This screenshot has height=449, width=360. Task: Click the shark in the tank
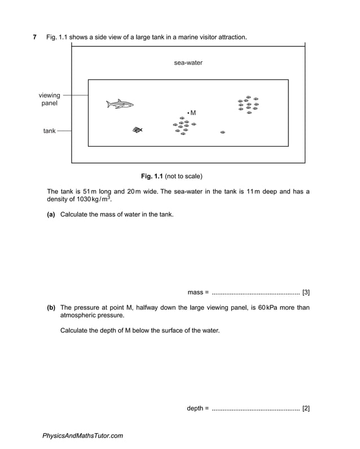(x=120, y=104)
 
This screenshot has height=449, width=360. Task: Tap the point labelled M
(x=188, y=113)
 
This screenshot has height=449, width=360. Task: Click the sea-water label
(x=188, y=63)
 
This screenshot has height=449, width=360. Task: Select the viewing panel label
(x=49, y=99)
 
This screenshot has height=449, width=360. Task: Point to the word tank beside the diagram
(x=50, y=131)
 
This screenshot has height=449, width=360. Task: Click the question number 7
(x=35, y=37)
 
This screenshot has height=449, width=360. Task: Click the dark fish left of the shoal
(x=137, y=130)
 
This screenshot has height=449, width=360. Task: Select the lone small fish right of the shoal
(x=223, y=132)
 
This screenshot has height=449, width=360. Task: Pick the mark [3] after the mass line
(x=306, y=292)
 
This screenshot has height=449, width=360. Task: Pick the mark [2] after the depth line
(x=306, y=408)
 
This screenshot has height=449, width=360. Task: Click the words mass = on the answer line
(x=198, y=292)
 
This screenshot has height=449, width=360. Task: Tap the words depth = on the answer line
(x=197, y=408)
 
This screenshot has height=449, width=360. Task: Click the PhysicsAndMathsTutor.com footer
(x=82, y=435)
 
